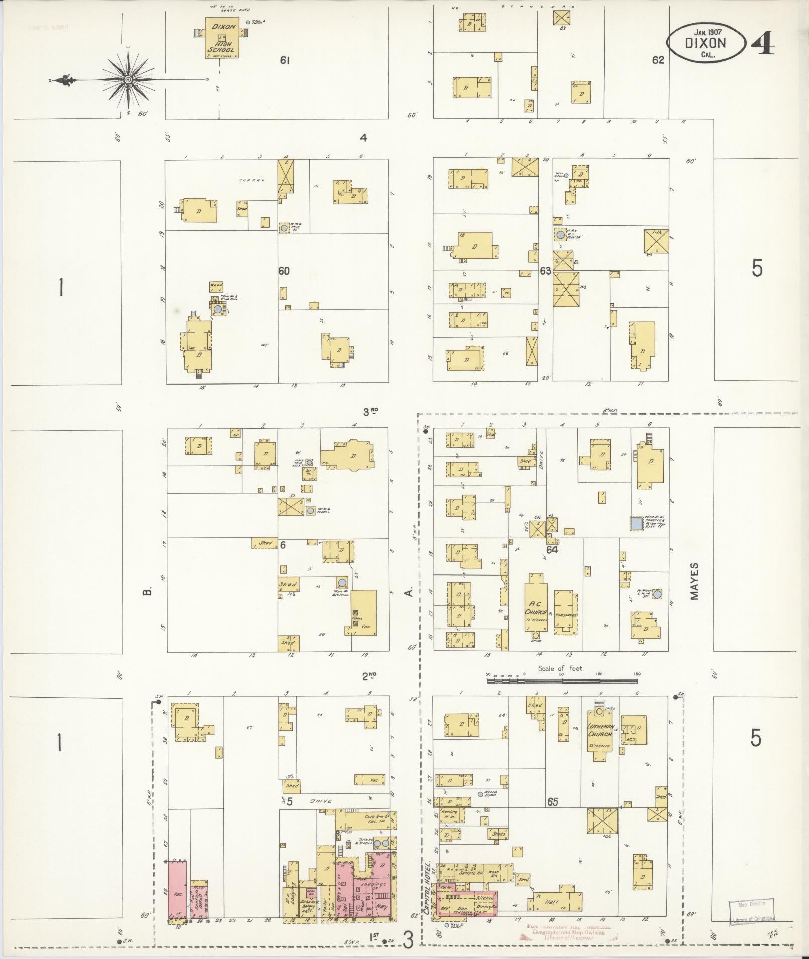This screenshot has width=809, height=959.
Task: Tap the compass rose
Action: (128, 80)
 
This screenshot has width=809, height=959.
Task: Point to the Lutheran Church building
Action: (600, 736)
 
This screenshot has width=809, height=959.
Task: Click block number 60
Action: (284, 271)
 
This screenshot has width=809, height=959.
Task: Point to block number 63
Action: (546, 271)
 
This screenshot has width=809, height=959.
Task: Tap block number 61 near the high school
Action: (285, 61)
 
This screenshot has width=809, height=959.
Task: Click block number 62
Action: (658, 60)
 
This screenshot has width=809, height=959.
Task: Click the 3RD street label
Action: (370, 412)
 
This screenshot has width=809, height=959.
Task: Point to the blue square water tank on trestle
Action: (637, 523)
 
